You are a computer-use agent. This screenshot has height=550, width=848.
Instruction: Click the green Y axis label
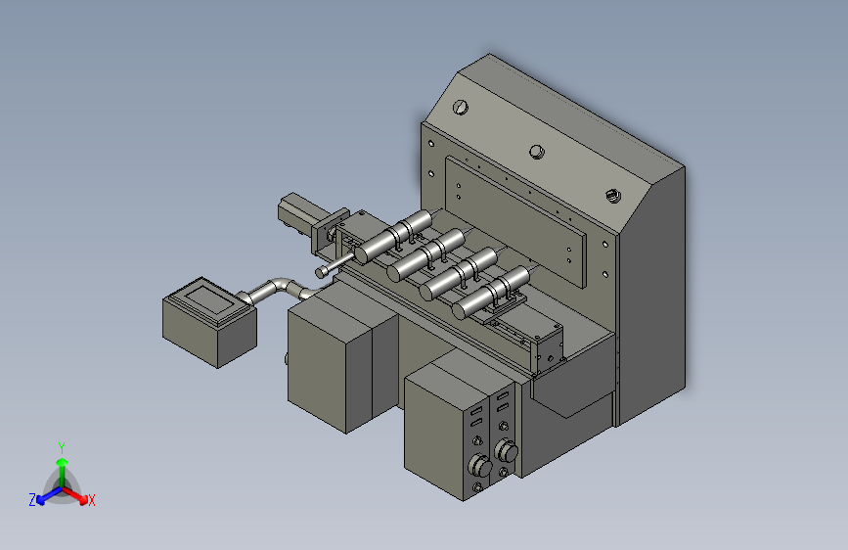(61, 447)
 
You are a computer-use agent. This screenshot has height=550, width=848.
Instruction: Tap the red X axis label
(91, 500)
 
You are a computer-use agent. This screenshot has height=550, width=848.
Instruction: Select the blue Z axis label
(32, 500)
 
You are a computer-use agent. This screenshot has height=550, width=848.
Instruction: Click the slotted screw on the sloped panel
(461, 108)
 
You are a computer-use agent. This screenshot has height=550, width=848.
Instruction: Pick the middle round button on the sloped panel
(537, 152)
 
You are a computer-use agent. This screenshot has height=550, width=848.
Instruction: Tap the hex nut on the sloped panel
(612, 196)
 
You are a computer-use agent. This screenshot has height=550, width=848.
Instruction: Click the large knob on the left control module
(479, 465)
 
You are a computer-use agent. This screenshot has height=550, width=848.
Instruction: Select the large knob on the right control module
(507, 451)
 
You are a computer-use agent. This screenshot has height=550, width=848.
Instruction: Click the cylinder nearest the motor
(395, 236)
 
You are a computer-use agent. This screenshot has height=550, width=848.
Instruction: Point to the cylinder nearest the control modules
(493, 292)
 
